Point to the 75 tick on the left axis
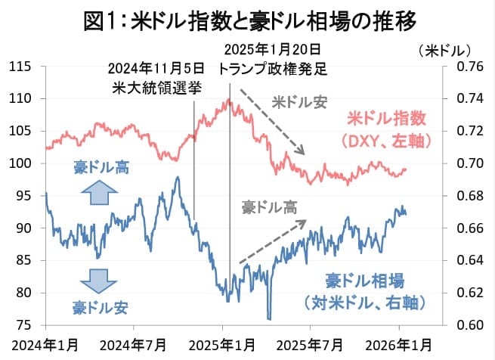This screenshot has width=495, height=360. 23,325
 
